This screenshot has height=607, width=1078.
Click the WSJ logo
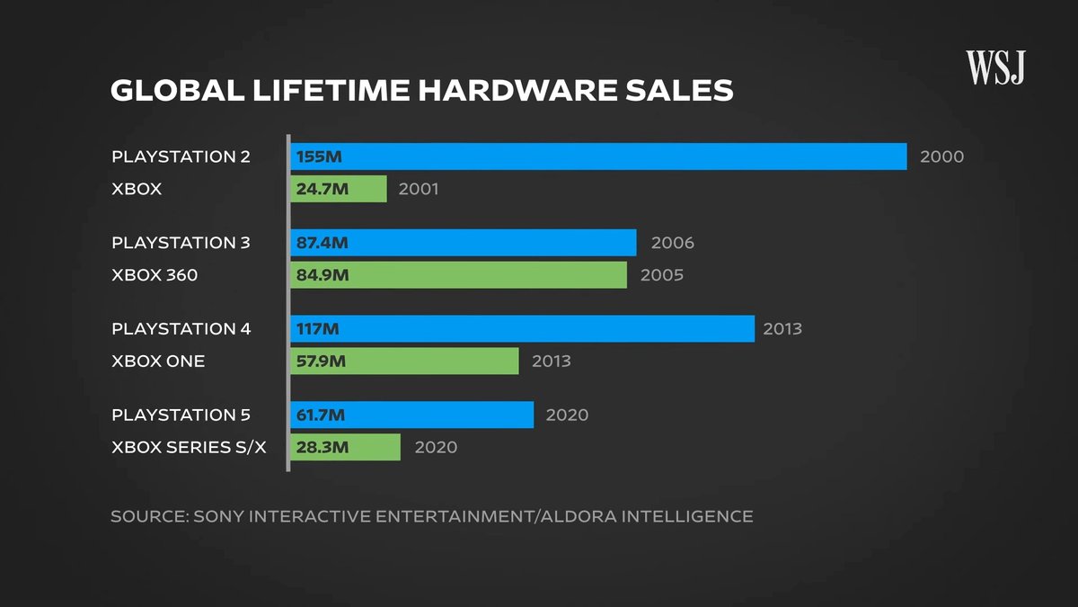(995, 67)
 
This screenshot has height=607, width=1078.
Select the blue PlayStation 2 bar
(598, 156)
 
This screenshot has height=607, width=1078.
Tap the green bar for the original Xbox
(339, 189)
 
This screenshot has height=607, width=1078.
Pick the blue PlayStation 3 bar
(464, 243)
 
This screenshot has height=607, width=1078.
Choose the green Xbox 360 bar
(458, 275)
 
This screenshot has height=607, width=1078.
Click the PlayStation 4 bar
(522, 329)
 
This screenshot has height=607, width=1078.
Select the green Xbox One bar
(404, 362)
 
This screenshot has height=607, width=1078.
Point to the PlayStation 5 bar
(412, 415)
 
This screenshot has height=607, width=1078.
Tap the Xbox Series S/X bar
(345, 447)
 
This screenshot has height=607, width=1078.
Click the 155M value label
(319, 156)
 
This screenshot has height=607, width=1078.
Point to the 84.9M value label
(323, 275)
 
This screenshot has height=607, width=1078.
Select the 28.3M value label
(323, 447)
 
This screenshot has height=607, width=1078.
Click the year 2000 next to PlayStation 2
(941, 156)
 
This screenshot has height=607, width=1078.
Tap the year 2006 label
(672, 243)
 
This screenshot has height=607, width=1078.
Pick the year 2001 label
(418, 189)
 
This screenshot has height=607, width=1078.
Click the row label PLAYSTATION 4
(181, 329)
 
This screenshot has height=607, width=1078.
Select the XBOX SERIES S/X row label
(189, 447)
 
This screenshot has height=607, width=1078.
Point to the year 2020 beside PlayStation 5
(567, 415)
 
